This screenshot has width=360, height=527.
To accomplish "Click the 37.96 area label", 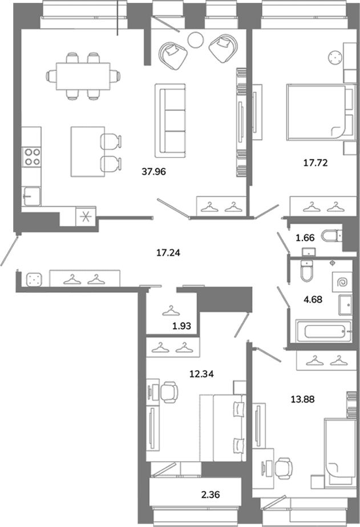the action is (154, 172).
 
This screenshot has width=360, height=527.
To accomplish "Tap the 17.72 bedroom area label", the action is (315, 163).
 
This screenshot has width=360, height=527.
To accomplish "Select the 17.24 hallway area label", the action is (168, 252).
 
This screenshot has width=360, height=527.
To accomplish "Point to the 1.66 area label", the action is (305, 238).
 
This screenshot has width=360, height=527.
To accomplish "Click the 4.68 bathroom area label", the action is (313, 299).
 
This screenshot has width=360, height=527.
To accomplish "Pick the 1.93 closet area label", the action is (181, 325).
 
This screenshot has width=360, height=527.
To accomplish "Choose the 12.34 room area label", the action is (201, 374).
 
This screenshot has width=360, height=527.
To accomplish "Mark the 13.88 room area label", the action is (302, 399).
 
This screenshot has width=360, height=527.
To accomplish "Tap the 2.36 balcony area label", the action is (211, 494).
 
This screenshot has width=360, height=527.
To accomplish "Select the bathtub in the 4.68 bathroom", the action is (323, 331).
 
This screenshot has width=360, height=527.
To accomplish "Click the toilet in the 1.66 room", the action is (331, 236).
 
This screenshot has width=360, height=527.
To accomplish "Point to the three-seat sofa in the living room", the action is (170, 120).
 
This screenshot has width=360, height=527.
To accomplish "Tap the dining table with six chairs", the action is (83, 77).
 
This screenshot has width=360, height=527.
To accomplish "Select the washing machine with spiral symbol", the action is (342, 281).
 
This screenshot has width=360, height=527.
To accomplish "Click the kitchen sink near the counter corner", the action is (31, 196).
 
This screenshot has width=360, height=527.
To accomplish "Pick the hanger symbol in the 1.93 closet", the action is (168, 311).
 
